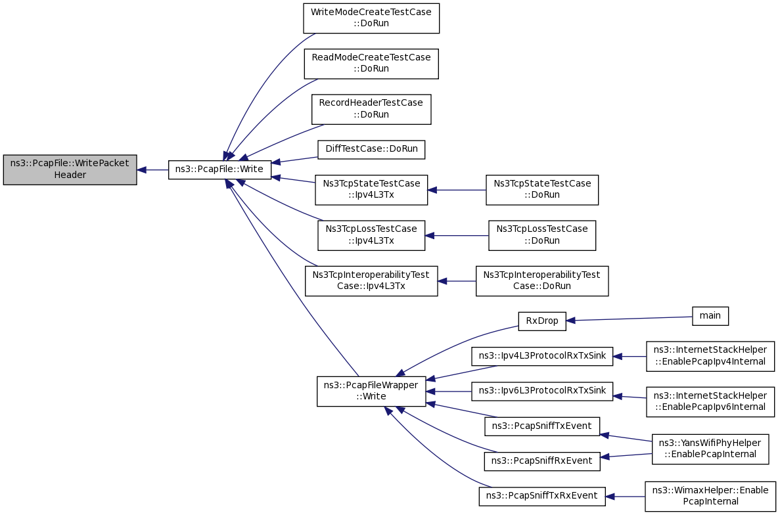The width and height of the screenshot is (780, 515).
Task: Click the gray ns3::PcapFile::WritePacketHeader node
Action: pyautogui.click(x=70, y=169)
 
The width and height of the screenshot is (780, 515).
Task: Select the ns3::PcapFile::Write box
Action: pyautogui.click(x=220, y=169)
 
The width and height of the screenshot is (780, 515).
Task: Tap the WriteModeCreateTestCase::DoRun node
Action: pyautogui.click(x=371, y=18)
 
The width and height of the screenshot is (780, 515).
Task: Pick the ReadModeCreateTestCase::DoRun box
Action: pyautogui.click(x=371, y=64)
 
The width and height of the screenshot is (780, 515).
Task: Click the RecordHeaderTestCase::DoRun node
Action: pyautogui.click(x=371, y=109)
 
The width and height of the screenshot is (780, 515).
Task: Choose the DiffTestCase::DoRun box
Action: pyautogui.click(x=371, y=150)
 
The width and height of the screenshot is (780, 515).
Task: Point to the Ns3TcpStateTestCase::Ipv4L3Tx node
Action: pyautogui.click(x=371, y=190)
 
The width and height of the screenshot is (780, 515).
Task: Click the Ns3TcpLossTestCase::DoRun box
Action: pyautogui.click(x=541, y=235)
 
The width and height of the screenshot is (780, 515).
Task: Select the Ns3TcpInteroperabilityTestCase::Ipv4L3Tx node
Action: pyautogui.click(x=371, y=281)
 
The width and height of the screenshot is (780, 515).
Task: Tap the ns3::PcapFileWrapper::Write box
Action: pyautogui.click(x=371, y=392)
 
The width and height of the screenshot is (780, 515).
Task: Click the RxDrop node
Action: pyautogui.click(x=541, y=321)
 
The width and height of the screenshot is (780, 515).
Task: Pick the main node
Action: pyautogui.click(x=710, y=316)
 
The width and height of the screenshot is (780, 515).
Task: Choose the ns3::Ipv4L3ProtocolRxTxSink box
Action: pyautogui.click(x=541, y=356)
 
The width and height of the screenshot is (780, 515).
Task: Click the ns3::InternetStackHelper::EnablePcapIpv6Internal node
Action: pyautogui.click(x=710, y=401)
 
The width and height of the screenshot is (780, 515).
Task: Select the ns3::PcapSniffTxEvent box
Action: pyautogui.click(x=541, y=426)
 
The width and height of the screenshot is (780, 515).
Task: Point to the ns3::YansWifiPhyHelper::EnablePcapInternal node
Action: pyautogui.click(x=710, y=449)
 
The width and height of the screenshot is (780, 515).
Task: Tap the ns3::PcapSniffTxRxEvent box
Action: pyautogui.click(x=541, y=497)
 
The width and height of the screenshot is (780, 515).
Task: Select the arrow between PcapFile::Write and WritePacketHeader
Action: pyautogui.click(x=152, y=169)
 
